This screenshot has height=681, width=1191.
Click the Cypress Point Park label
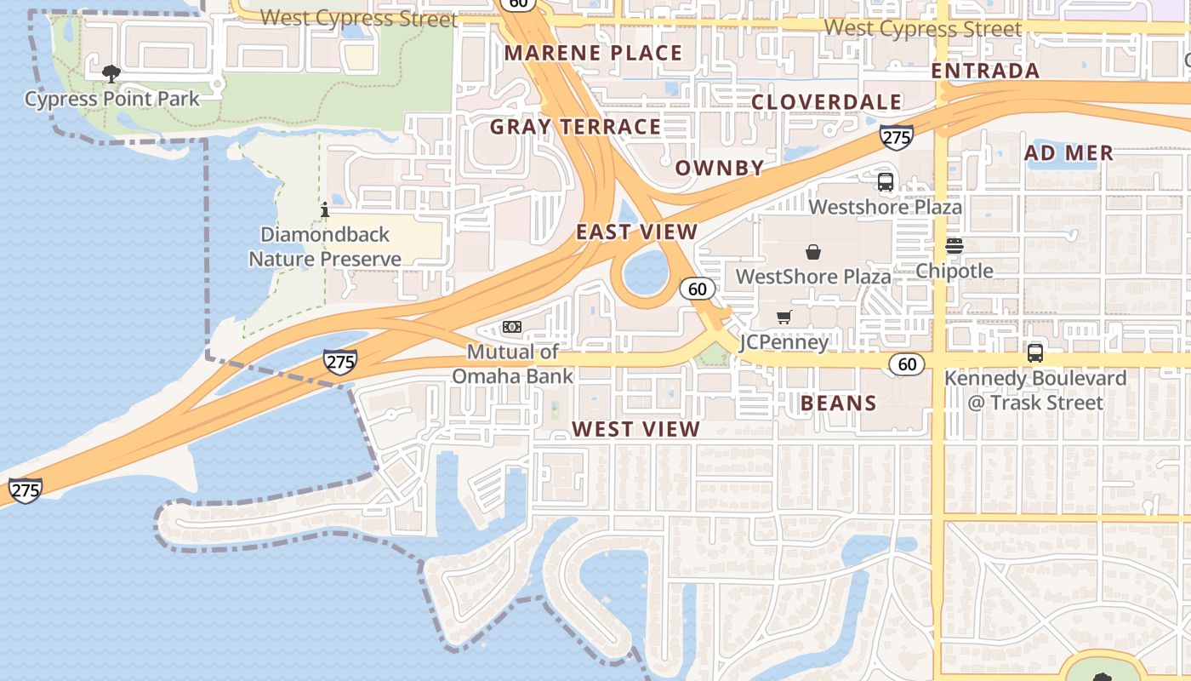[111, 99]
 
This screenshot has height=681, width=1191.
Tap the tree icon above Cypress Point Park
[111, 74]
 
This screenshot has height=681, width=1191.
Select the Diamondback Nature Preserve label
[325, 246]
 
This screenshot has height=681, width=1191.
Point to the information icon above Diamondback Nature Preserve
[324, 209]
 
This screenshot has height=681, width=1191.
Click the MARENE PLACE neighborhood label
[593, 53]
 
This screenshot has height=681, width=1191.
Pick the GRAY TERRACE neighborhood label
[575, 127]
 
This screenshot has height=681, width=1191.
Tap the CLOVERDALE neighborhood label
[826, 102]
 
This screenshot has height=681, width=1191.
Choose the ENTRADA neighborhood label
[985, 71]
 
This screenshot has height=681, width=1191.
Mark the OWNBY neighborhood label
[720, 168]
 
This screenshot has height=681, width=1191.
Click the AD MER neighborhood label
[1068, 153]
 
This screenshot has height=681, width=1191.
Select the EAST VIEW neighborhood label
[636, 232]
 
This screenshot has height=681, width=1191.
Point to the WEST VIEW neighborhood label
[635, 429]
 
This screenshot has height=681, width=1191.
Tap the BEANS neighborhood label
[838, 403]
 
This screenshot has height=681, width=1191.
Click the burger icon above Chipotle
[954, 246]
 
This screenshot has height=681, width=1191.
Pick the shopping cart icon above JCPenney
[784, 318]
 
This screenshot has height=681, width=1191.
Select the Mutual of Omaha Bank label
[512, 363]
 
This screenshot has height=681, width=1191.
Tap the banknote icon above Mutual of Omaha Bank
[511, 327]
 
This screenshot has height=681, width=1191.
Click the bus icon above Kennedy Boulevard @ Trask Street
[1034, 352]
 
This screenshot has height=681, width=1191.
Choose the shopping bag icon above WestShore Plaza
[813, 252]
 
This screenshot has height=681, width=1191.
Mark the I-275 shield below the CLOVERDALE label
[897, 136]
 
